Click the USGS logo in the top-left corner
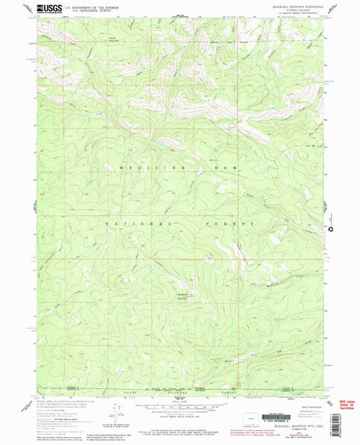tap(48, 9)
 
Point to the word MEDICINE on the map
tap(141, 167)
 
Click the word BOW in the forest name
tap(224, 167)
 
